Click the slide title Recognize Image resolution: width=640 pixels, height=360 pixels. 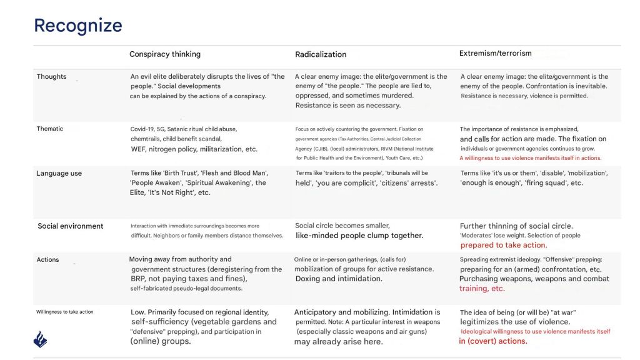(77, 26)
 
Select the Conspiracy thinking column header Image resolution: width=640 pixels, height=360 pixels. (165, 54)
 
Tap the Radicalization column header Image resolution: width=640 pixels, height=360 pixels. (321, 54)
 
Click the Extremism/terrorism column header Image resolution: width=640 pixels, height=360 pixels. (496, 54)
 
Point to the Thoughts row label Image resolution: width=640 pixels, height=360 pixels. (51, 77)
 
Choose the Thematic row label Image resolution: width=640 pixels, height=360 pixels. (50, 129)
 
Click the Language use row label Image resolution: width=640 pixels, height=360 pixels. (59, 174)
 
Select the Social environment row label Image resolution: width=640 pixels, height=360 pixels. (71, 226)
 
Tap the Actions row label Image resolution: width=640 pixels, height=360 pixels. (48, 260)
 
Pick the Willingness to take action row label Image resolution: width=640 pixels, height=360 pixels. (66, 312)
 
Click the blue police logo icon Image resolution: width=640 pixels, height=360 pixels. (41, 339)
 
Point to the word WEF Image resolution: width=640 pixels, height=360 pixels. (138, 149)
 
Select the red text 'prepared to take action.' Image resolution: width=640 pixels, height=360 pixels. (503, 246)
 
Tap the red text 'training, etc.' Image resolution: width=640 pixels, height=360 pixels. (482, 289)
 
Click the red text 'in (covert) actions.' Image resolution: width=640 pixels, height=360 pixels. (492, 341)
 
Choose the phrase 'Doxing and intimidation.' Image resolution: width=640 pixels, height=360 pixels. (339, 279)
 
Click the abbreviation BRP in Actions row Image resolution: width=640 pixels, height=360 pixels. (138, 279)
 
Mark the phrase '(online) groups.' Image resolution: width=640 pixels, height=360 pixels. (161, 342)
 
